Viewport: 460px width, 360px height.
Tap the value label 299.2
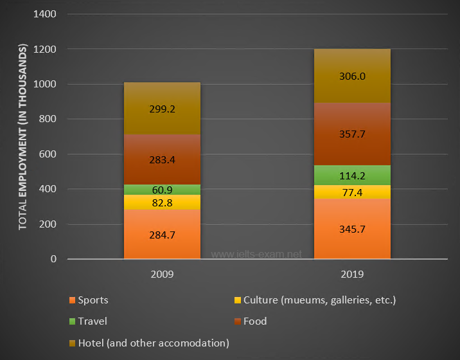coord(162,109)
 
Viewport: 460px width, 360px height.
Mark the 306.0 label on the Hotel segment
coord(352,76)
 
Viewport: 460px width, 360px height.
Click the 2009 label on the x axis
coord(162,273)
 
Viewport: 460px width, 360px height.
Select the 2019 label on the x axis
coord(352,273)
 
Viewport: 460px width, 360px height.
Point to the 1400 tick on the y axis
coord(46,14)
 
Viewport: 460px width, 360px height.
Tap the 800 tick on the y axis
coord(49,120)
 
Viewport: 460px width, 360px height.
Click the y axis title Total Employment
coord(22,137)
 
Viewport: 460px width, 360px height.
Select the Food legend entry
coord(255,321)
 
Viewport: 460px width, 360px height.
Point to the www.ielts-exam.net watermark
coord(256,254)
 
